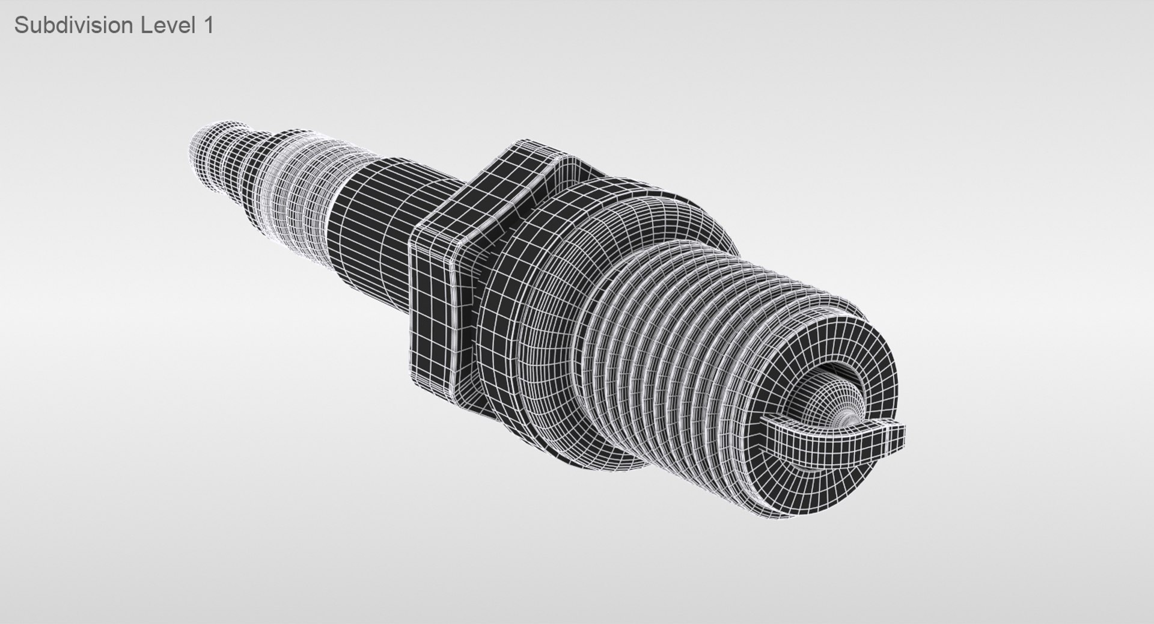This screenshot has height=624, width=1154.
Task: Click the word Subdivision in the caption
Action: point(73,25)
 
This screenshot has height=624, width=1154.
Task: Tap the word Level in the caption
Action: point(168,25)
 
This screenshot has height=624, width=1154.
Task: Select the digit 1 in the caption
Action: point(208,25)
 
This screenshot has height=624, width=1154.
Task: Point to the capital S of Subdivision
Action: point(21,25)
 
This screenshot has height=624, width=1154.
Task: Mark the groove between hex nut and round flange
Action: point(481,337)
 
